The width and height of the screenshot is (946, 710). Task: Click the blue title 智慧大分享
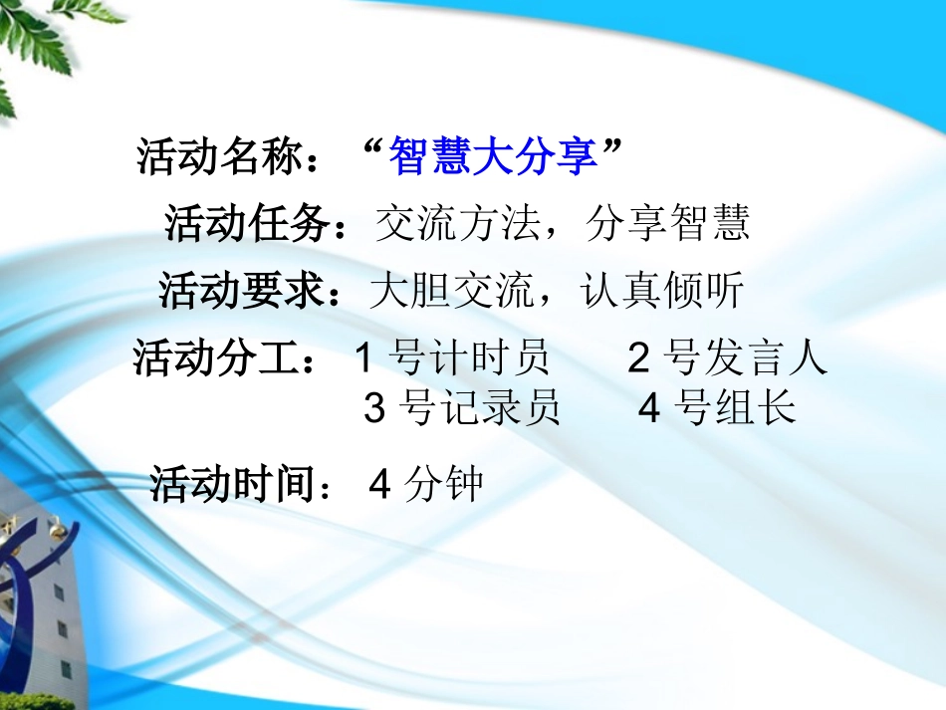click(494, 157)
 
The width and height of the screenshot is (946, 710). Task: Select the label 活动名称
click(227, 157)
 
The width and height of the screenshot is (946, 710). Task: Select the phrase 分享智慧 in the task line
click(667, 225)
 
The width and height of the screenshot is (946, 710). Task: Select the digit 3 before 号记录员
click(374, 408)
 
